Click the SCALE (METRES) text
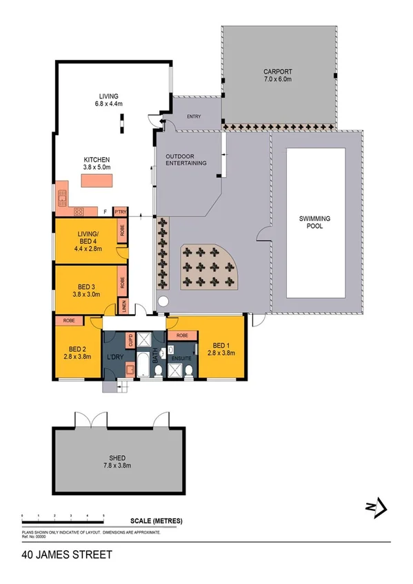[x=157, y=521]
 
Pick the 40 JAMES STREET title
[x=66, y=554]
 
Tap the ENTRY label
[x=194, y=117]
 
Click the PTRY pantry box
[x=120, y=211]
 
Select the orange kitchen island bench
[x=97, y=180]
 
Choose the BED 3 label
[x=86, y=291]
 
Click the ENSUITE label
[x=181, y=359]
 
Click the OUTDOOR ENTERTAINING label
[x=186, y=160]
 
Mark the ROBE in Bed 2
[x=69, y=320]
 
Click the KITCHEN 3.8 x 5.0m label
[x=97, y=163]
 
